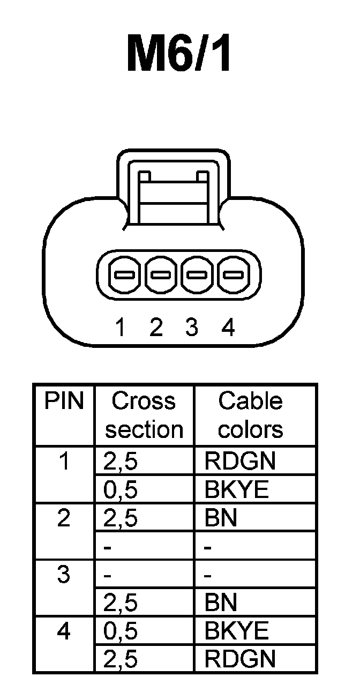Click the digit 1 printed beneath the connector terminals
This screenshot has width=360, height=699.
click(x=121, y=327)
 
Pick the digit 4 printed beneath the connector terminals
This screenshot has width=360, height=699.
click(x=228, y=327)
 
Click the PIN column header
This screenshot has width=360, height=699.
click(x=64, y=401)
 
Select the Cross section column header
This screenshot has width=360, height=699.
click(x=144, y=415)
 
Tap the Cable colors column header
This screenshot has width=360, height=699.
click(x=251, y=415)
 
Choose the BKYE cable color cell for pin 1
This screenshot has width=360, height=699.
click(x=236, y=490)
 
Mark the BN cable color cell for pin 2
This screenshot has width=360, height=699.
click(x=221, y=518)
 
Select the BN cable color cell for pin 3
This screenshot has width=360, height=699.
click(x=221, y=603)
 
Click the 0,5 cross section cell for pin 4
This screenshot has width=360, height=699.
click(x=120, y=631)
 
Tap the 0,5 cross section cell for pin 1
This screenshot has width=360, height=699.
click(x=120, y=490)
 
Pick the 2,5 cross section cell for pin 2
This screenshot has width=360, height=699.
click(x=120, y=518)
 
